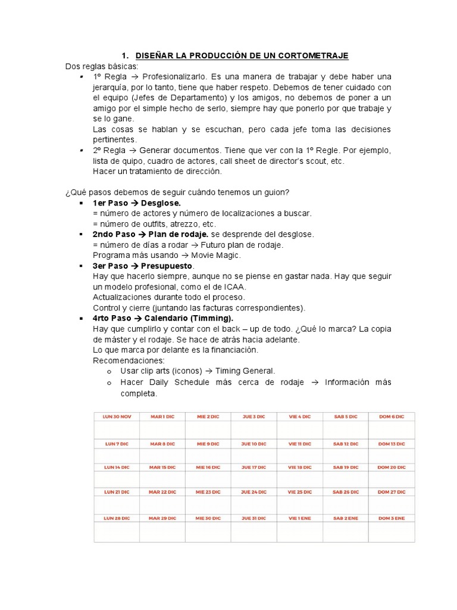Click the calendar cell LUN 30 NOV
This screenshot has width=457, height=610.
(117, 417)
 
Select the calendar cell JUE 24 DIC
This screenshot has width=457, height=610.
(253, 492)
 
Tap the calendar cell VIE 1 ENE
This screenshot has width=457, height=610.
(299, 518)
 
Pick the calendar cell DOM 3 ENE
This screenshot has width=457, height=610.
(392, 518)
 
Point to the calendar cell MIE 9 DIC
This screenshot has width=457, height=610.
(208, 444)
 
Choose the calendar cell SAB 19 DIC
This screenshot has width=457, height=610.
(345, 468)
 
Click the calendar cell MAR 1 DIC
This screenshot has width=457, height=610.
(162, 417)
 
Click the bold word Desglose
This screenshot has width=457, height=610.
(161, 203)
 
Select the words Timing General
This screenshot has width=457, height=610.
(245, 371)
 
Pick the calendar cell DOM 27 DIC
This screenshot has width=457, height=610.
(392, 492)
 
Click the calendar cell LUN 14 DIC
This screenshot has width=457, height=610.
(117, 468)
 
